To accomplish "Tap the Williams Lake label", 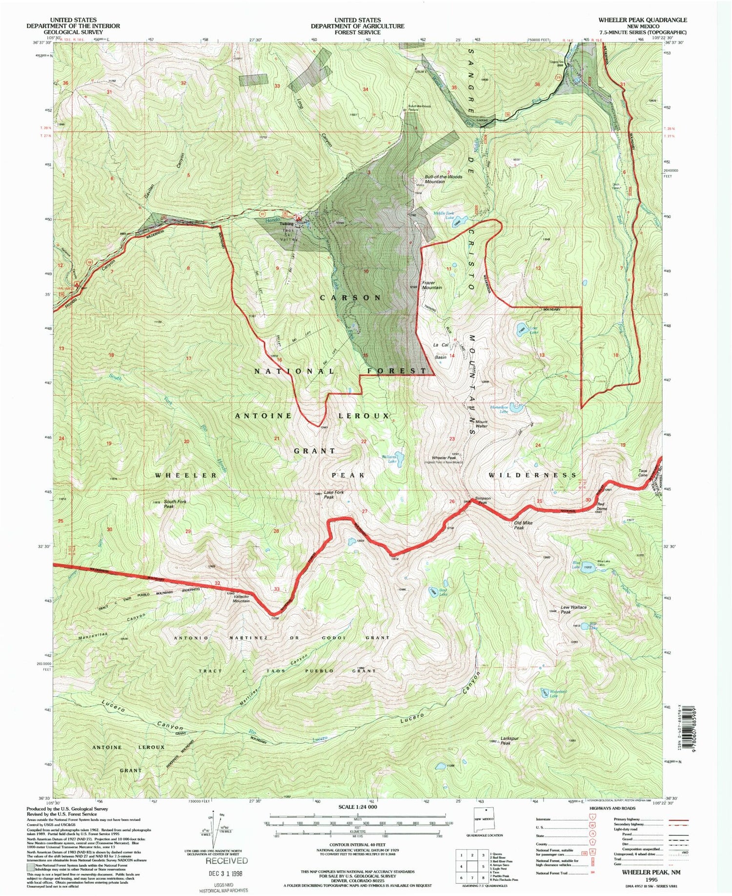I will pyautogui.click(x=388, y=458).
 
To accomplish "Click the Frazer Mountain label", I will pyautogui.click(x=432, y=285).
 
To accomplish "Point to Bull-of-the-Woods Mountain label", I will pyautogui.click(x=436, y=179).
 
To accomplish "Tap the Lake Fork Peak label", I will pyautogui.click(x=333, y=495).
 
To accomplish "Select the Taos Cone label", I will pyautogui.click(x=643, y=473).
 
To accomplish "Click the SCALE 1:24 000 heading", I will pyautogui.click(x=358, y=807).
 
